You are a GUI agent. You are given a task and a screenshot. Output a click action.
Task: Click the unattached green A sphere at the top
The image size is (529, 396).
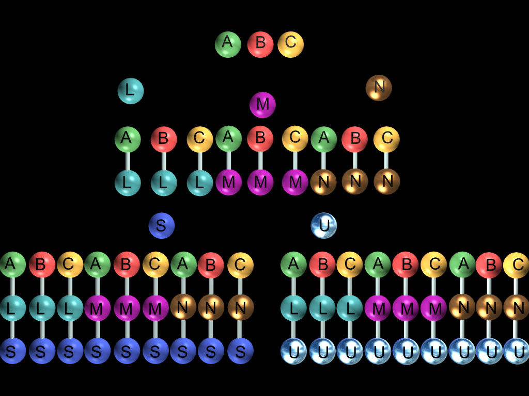coord(228,44)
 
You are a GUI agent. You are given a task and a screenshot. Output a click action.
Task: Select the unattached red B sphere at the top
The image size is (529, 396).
coord(260,44)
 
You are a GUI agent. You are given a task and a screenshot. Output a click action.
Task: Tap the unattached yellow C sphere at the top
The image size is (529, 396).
coord(290,44)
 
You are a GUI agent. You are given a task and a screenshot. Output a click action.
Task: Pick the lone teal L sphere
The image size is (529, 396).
coord(130,91)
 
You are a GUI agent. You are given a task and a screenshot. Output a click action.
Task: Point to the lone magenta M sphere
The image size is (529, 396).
coord(262,105)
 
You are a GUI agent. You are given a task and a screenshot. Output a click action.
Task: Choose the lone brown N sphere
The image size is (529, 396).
coord(379,88)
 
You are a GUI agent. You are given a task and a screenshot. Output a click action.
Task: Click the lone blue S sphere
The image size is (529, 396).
coord(162,226)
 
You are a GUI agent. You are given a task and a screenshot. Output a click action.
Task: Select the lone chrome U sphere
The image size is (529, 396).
coord(324,226)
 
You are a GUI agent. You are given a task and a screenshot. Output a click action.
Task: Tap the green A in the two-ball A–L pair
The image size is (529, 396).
coord(127,139)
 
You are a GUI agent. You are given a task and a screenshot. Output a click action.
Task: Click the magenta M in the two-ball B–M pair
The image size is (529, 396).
coord(260,183)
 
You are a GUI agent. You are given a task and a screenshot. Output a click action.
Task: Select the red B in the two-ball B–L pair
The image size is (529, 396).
coord(164,139)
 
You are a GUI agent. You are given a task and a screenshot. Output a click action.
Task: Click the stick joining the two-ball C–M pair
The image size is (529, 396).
coord(295,161)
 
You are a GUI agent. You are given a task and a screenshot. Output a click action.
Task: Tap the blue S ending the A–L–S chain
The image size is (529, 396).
coord(12,351)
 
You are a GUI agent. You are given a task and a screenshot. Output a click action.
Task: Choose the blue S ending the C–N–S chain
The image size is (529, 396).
coord(240,351)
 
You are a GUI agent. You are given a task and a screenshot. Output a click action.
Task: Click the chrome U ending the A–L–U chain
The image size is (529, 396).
coord(293,351)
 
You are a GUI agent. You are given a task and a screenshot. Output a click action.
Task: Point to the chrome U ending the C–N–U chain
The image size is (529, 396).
coord(516,351)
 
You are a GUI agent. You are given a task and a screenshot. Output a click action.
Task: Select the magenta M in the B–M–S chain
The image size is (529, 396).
coord(127,308)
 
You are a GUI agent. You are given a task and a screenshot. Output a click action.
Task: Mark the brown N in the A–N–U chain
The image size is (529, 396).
coord(462,308)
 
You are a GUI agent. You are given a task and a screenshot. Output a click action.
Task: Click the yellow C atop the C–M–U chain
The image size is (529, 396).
coord(433,265)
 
